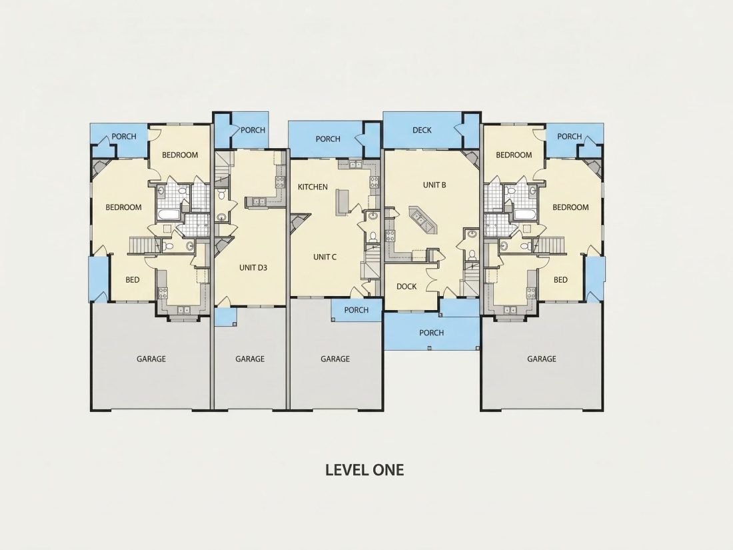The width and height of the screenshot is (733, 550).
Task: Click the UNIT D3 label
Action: pos(253,267)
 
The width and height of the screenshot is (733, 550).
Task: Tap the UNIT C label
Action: pos(325,257)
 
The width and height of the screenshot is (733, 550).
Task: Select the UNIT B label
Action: pos(434,185)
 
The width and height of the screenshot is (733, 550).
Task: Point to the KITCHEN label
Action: pos(313,187)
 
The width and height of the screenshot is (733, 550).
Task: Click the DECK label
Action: pos(422,130)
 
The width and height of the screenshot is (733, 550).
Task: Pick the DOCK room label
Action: pos(406,286)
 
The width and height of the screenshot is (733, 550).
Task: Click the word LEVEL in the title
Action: pos(345,469)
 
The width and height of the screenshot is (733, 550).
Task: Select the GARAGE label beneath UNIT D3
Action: pos(250,359)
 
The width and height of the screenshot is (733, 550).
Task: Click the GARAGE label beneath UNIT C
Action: pos(335,359)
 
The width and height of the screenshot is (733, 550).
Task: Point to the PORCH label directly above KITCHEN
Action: pos(328,139)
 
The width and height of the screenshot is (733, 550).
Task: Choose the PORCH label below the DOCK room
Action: pos(431,333)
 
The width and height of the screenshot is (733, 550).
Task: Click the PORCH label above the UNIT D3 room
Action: pos(253,130)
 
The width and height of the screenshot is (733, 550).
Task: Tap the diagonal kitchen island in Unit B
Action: pos(422,219)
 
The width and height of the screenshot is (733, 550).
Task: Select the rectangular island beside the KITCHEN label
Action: pos(343,202)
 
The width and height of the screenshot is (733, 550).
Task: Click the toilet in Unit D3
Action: pos(222,193)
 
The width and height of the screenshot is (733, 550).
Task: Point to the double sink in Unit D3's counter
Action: pos(259,201)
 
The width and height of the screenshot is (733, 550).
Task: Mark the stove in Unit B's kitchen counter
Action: pos(389,235)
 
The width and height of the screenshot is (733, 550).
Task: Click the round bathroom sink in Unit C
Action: pos(372,216)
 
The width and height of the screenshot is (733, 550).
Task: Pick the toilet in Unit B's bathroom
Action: pos(472,255)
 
